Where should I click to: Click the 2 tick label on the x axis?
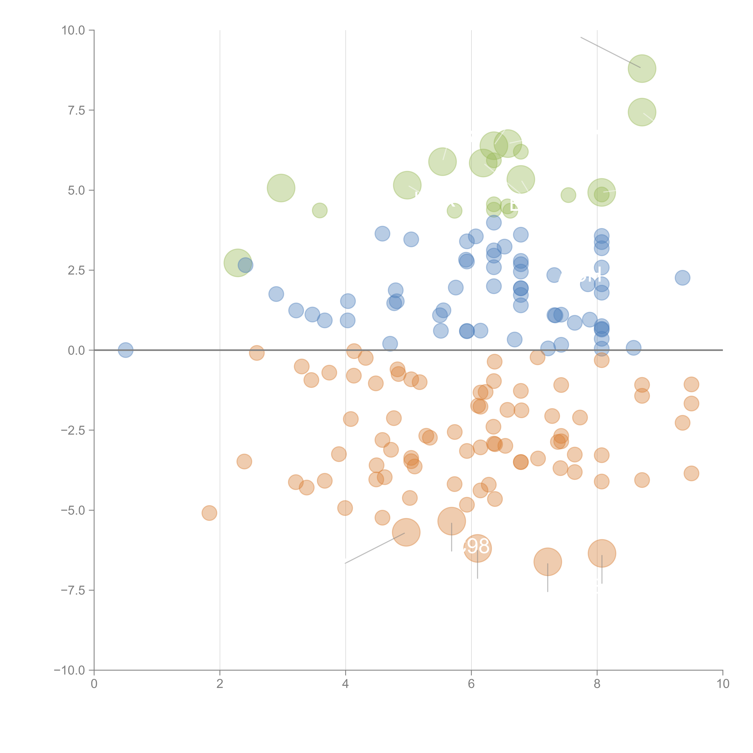(x=220, y=684)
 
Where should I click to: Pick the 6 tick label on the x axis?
(x=471, y=684)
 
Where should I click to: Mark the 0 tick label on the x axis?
(x=94, y=684)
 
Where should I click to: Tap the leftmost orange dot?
(x=209, y=513)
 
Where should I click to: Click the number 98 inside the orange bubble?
(x=478, y=546)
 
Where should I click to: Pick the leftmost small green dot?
(x=320, y=211)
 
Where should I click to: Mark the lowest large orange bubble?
(x=548, y=562)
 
